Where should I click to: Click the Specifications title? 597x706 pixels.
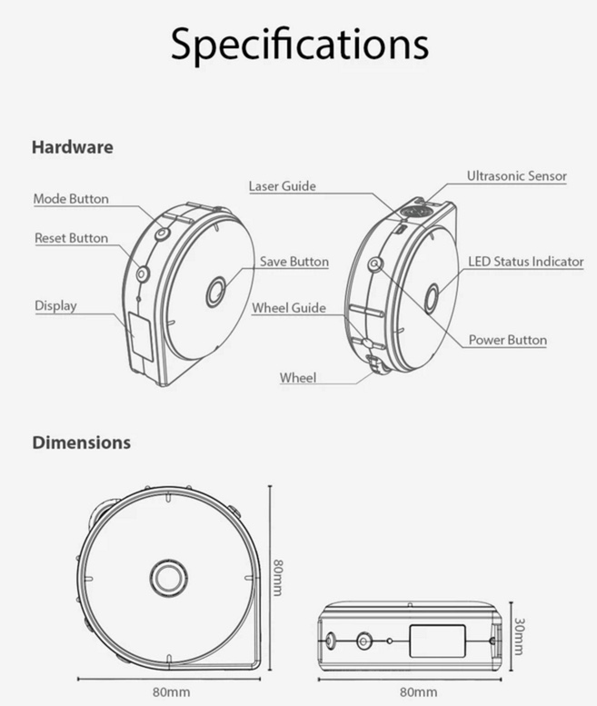[x=299, y=45]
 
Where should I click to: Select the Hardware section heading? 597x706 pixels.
[x=73, y=147]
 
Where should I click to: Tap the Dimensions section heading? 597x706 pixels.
[x=82, y=442]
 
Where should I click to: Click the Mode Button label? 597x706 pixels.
[x=71, y=199]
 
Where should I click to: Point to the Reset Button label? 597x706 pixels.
[x=71, y=238]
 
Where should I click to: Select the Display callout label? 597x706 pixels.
[x=55, y=306]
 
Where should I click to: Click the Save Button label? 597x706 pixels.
[x=294, y=262]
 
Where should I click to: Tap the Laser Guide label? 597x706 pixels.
[x=283, y=186]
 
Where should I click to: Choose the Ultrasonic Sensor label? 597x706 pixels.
[x=516, y=175]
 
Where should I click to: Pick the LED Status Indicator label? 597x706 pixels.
[x=525, y=262]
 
